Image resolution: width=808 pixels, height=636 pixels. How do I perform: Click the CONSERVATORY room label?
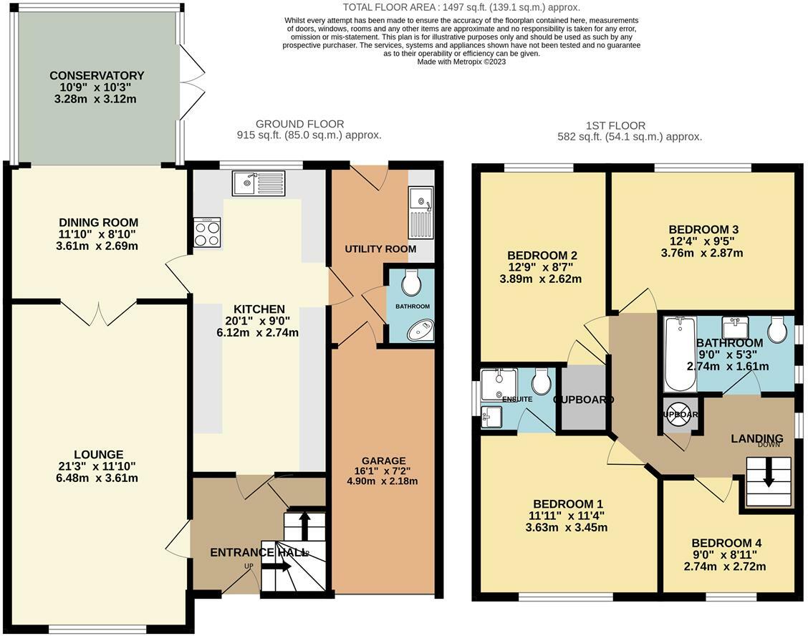pos(97,75)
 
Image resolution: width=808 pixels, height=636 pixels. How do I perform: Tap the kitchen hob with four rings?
pos(208,233)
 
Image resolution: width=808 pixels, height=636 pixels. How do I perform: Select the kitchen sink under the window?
pos(258,183)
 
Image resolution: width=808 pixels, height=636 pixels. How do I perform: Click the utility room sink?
pos(420,213)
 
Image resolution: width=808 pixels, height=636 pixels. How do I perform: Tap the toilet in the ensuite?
pos(542,381)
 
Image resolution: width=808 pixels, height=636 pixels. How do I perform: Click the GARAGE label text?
pos(383,461)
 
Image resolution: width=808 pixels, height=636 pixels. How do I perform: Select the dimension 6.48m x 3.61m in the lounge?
pos(98,478)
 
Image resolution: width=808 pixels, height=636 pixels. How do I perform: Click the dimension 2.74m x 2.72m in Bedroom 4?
pos(724,567)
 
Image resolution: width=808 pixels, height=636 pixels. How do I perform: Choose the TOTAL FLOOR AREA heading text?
pos(461,6)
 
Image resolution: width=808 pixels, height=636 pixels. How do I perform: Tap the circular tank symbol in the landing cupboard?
pos(678,416)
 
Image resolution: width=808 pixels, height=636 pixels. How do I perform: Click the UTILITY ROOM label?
pos(380,249)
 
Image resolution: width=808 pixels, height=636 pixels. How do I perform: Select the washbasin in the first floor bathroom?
pos(735,329)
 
